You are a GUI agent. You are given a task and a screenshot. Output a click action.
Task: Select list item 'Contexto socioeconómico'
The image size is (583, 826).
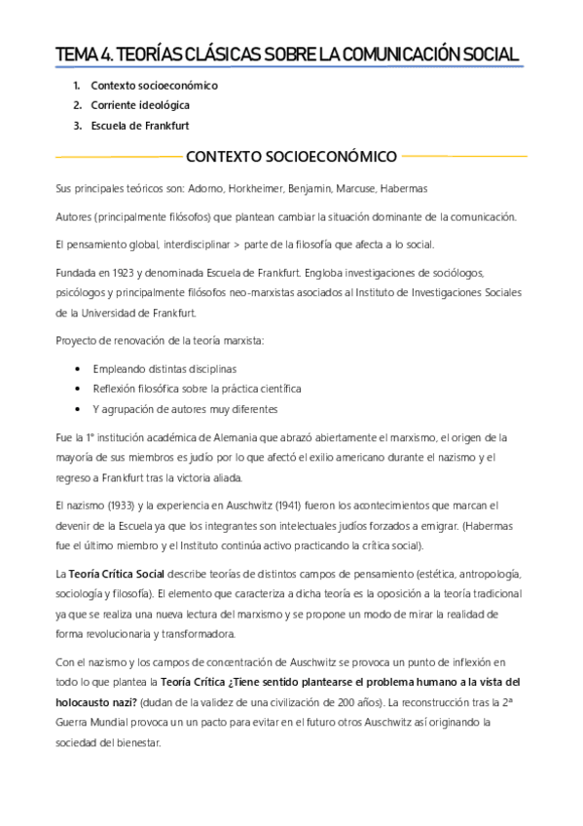tap(154, 86)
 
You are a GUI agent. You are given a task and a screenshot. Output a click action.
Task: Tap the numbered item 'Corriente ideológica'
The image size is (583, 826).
tap(140, 105)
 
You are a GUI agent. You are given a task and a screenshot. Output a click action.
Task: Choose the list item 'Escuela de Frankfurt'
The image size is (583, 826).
tap(139, 125)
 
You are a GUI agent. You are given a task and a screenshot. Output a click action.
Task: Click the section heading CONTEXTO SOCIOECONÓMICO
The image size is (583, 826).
tap(291, 156)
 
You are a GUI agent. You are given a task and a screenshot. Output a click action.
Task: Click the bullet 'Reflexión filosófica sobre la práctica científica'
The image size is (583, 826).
tap(198, 388)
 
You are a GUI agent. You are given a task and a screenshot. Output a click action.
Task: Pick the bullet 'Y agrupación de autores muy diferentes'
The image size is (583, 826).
tap(185, 408)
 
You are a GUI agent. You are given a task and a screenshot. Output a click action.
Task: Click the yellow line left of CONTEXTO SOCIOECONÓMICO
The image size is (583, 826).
tap(117, 156)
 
